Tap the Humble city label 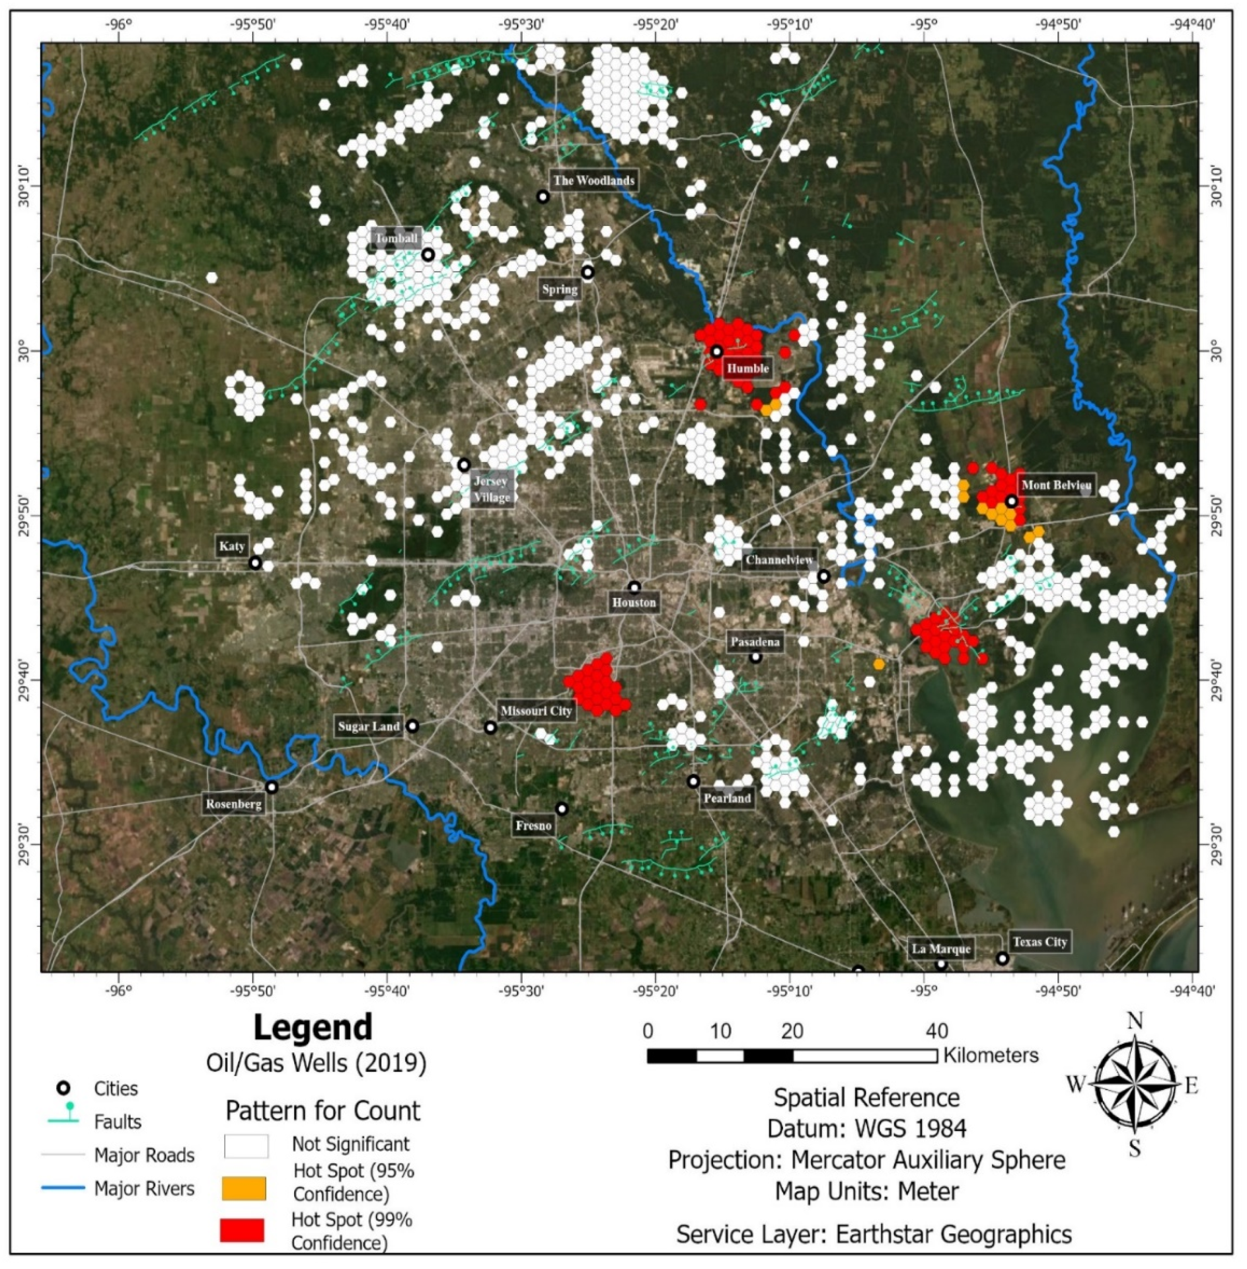(x=747, y=368)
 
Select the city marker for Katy (x=255, y=563)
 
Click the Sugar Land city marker (x=412, y=726)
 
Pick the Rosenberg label (x=234, y=804)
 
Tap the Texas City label (x=1039, y=942)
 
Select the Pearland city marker (x=693, y=781)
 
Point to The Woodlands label (x=593, y=180)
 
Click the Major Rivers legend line (x=63, y=1187)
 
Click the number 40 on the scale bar (x=937, y=1030)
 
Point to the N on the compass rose (x=1134, y=1021)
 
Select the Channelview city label (x=779, y=560)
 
